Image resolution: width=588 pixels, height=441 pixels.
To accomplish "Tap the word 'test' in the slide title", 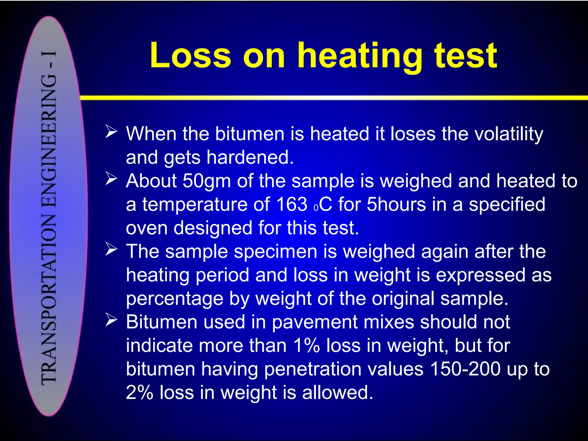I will click(465, 56).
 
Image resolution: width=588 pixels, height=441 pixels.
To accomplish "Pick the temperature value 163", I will click(292, 205).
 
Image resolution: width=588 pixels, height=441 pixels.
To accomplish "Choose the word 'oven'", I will click(146, 228).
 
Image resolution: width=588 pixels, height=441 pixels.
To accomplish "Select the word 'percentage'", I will click(175, 299).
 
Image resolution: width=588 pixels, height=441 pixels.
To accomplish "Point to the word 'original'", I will click(403, 299).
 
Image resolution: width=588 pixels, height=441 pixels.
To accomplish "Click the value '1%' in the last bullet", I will click(306, 346).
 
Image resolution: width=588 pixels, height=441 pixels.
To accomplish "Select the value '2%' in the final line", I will click(140, 393).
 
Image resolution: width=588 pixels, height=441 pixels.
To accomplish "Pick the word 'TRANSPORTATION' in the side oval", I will click(49, 299).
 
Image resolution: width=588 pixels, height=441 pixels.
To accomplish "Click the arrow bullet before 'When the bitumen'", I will click(111, 131).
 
